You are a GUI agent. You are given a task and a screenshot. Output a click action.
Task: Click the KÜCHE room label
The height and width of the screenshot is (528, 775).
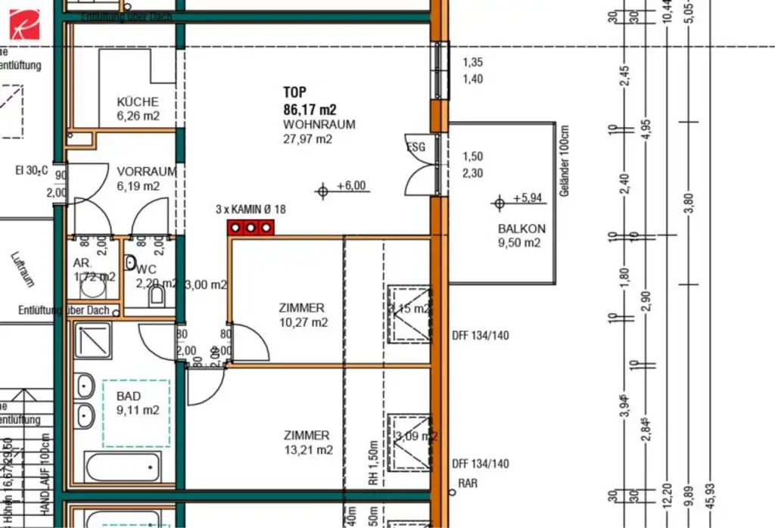click(138, 101)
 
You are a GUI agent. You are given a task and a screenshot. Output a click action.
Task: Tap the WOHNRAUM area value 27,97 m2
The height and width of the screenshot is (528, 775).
click(308, 138)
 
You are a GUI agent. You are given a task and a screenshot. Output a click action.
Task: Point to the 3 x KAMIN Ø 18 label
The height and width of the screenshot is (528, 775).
click(251, 210)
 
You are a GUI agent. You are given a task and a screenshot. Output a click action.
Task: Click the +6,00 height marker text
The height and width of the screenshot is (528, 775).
click(351, 185)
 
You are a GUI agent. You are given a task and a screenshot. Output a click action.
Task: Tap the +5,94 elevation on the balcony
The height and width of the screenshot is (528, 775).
click(527, 198)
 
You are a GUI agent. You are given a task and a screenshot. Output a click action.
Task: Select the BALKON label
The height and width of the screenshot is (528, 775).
click(521, 228)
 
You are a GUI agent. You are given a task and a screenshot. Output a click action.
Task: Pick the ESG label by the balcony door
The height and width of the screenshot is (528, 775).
click(416, 148)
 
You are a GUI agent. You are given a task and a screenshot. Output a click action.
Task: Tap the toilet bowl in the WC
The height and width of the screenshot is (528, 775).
click(157, 297)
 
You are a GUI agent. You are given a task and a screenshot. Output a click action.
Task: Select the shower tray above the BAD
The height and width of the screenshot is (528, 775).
click(92, 340)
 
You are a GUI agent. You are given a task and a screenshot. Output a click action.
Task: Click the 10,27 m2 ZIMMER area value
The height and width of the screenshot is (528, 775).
click(303, 322)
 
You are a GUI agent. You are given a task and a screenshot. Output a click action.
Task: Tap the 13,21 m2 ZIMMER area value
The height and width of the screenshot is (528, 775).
click(307, 450)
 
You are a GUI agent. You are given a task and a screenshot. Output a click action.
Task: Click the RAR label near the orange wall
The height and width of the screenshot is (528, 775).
click(468, 483)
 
